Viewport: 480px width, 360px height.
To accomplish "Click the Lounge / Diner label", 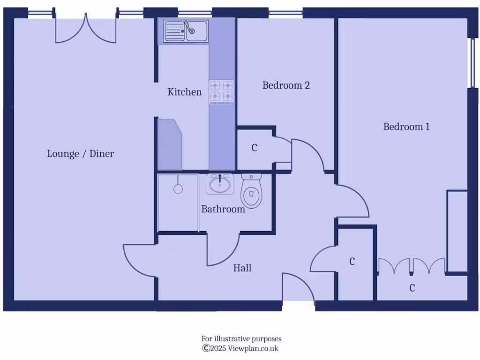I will coord(80,154).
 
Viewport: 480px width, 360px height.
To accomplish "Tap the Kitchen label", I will coord(185,92).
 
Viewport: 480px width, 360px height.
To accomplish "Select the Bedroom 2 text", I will coord(286,85).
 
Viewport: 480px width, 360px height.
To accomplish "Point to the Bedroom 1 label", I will coord(406,127).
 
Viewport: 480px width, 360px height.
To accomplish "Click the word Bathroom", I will coord(223,209).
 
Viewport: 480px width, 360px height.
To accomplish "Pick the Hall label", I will coord(242,268).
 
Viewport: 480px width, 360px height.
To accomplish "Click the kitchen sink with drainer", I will coord(186,31).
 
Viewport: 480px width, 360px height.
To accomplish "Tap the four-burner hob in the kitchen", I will coord(221,90).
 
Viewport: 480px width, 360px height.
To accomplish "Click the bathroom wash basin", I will coord(219,184).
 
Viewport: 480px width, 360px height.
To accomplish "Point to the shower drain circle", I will coord(178,189).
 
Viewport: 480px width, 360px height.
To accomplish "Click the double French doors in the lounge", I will coord(86,30).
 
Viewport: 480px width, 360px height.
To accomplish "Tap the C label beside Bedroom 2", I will coord(255,148).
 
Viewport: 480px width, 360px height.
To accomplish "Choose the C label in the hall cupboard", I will coord(352,262).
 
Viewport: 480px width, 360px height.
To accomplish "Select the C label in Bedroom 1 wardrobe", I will coord(412,288).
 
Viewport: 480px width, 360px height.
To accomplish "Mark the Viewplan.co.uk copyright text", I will coord(240,348).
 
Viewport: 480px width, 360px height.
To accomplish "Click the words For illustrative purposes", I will coord(241,338).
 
